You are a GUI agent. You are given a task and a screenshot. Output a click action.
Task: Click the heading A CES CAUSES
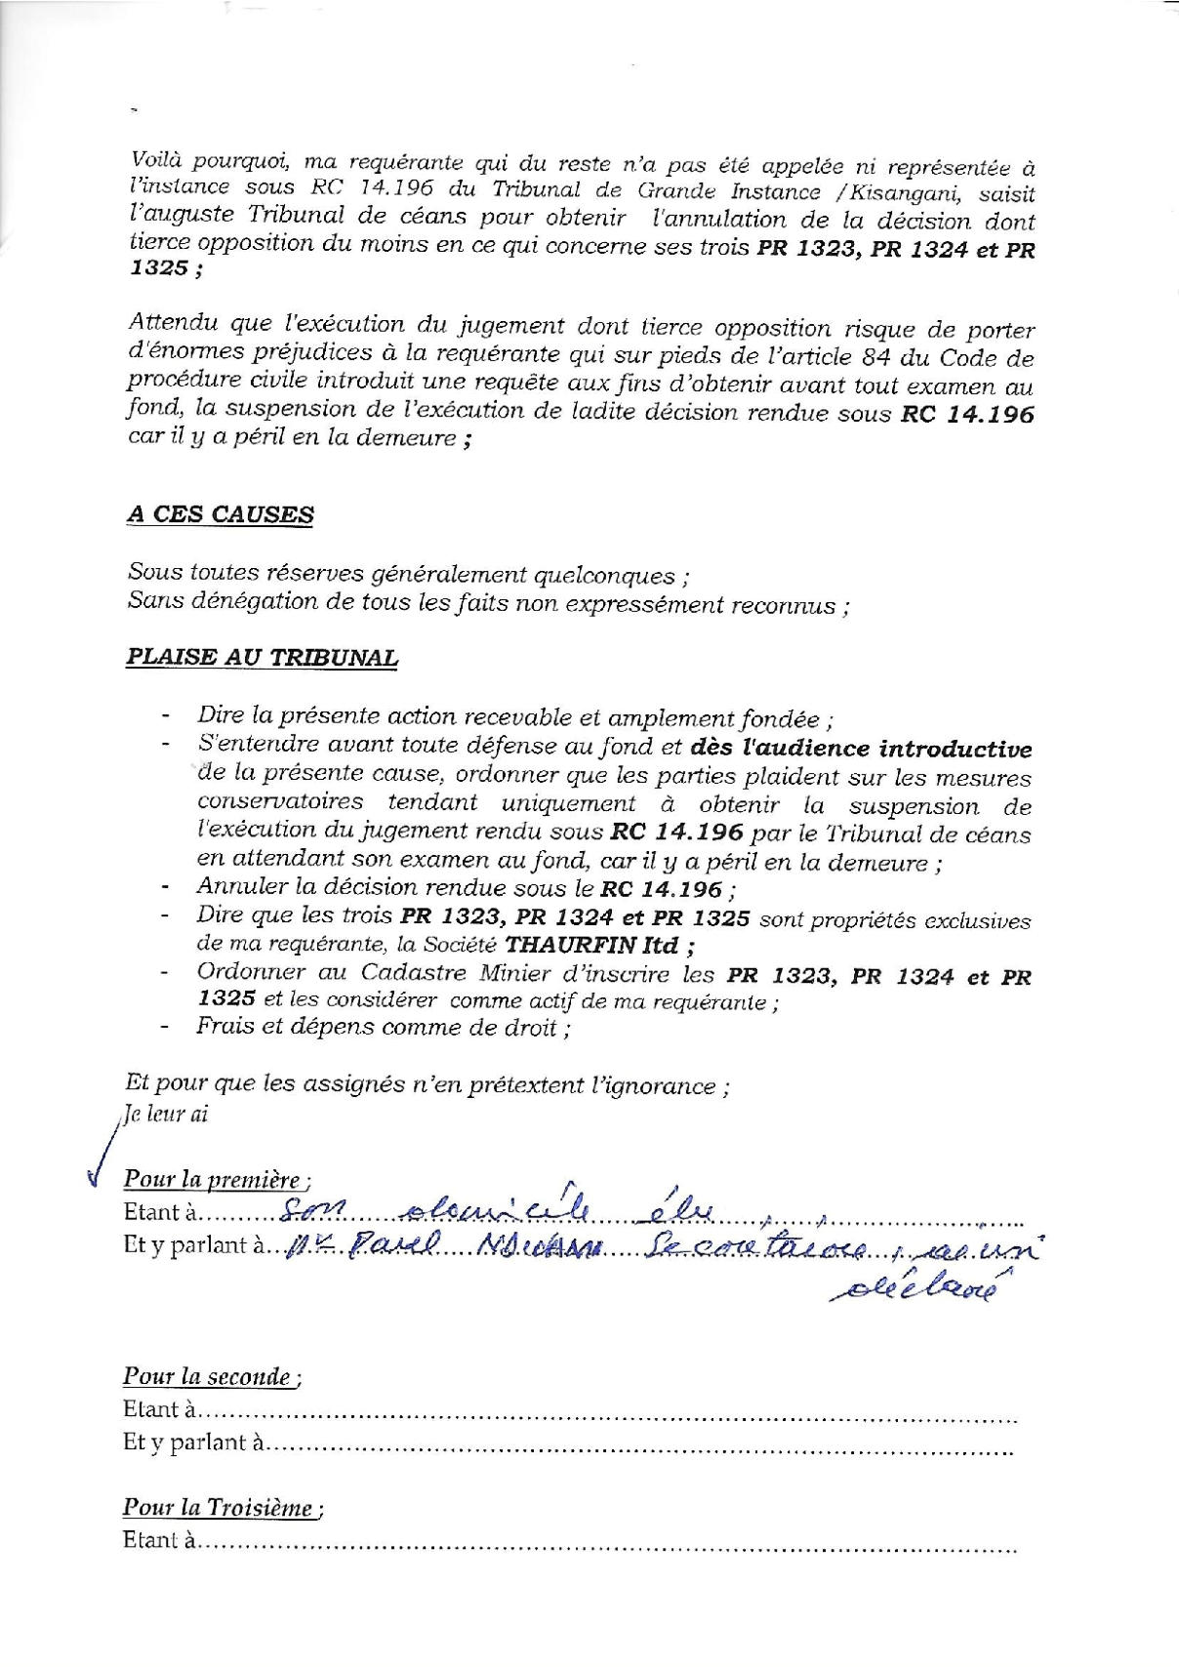(x=220, y=514)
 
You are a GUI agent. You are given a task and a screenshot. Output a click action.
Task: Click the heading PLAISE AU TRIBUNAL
(x=262, y=657)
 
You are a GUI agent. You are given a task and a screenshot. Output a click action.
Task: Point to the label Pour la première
(x=216, y=1179)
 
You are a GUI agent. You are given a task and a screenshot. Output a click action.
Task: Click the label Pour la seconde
(x=211, y=1377)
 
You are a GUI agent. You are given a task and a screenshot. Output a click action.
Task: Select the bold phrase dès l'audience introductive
(x=860, y=750)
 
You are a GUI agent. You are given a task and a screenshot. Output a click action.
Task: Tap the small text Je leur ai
(x=165, y=1115)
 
